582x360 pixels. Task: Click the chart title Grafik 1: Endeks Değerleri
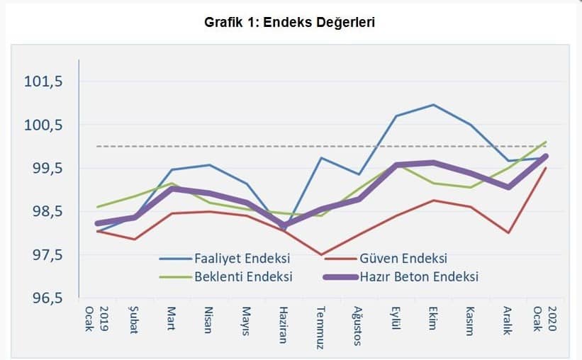pos(289,22)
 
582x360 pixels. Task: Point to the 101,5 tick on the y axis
pos(44,81)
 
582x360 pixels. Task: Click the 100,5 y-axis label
pos(44,125)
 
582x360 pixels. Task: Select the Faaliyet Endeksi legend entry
pos(242,258)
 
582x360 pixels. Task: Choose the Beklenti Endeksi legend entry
pos(243,276)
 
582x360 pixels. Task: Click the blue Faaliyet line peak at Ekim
pos(432,105)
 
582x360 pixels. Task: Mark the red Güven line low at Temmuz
pos(321,254)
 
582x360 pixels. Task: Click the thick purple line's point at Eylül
pos(396,165)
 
